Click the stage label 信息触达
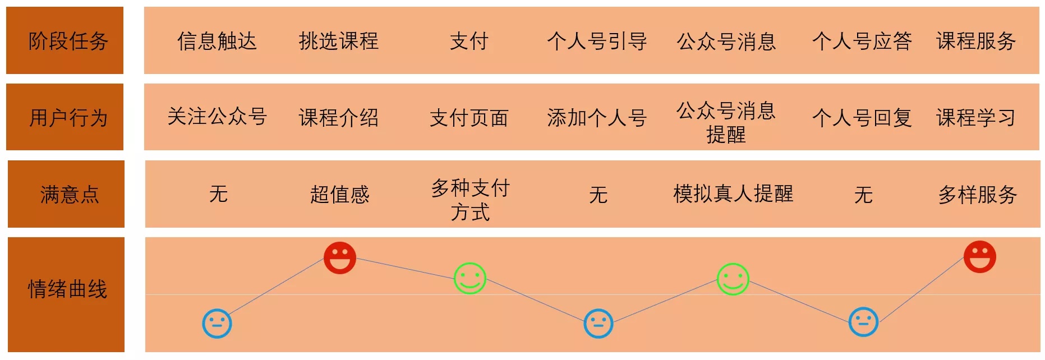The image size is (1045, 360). tap(217, 41)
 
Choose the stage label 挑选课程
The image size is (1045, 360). tap(339, 41)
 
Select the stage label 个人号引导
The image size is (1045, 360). tap(597, 41)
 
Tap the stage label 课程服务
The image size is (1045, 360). tap(976, 41)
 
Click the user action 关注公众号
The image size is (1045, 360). tap(217, 117)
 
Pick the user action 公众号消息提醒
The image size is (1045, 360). tap(726, 122)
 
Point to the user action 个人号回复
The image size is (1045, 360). tap(862, 118)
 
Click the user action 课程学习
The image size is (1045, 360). tap(976, 118)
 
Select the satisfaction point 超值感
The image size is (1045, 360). tap(340, 195)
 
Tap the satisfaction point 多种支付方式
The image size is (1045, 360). tap(470, 200)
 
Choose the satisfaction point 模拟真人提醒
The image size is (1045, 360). tap(733, 193)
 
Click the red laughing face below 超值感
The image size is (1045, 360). tap(340, 258)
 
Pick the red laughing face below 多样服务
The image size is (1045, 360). tap(980, 257)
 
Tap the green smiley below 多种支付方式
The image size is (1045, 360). tap(470, 278)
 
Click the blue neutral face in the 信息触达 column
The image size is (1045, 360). tap(217, 324)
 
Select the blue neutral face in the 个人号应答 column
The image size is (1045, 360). tap(864, 322)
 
